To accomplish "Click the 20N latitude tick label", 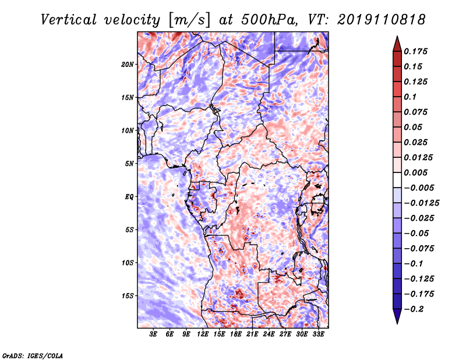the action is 128,65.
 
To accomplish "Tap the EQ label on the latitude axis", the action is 129,197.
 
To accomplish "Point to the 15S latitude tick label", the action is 128,296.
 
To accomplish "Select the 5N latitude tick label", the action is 129,164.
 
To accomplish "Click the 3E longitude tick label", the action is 153,334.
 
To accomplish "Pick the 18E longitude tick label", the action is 236,334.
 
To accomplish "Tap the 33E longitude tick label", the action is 318,334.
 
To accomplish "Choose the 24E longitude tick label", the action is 269,334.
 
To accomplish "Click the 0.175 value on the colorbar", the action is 416,51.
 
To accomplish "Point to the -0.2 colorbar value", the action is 414,309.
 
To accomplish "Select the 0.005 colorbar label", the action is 416,172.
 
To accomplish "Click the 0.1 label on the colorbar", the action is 410,97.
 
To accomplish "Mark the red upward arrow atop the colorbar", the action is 397,44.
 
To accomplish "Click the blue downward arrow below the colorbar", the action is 397,316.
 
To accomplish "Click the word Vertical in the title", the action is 69,20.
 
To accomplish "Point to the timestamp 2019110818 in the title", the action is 382,20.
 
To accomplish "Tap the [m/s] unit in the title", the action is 190,20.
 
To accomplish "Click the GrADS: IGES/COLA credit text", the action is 33,355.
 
